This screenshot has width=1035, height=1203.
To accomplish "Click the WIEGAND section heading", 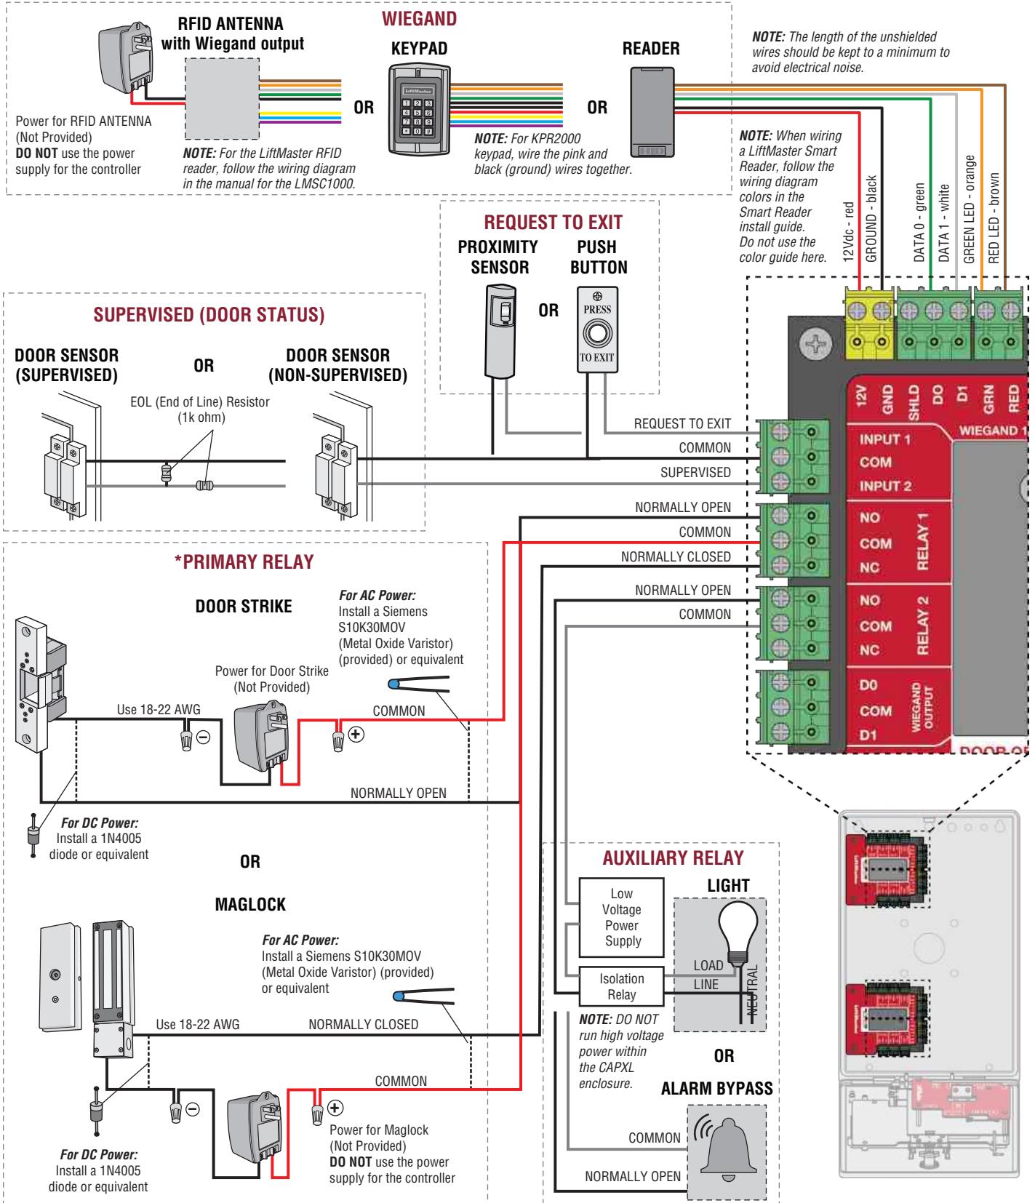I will [420, 19].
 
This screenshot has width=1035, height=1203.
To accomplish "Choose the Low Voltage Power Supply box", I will [621, 917].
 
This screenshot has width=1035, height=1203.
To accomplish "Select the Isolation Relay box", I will [621, 986].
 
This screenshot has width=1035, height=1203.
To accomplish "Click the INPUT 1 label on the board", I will [884, 440].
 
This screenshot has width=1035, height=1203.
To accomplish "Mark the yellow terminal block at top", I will [870, 321].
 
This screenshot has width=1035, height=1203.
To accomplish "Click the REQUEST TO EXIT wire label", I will [682, 424].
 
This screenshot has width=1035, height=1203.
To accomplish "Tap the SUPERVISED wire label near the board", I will [695, 473].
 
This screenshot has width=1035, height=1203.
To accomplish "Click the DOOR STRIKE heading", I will [244, 607].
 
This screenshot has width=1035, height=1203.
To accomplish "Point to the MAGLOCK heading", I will [250, 905].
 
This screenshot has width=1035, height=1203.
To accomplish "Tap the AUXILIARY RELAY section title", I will [673, 858].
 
